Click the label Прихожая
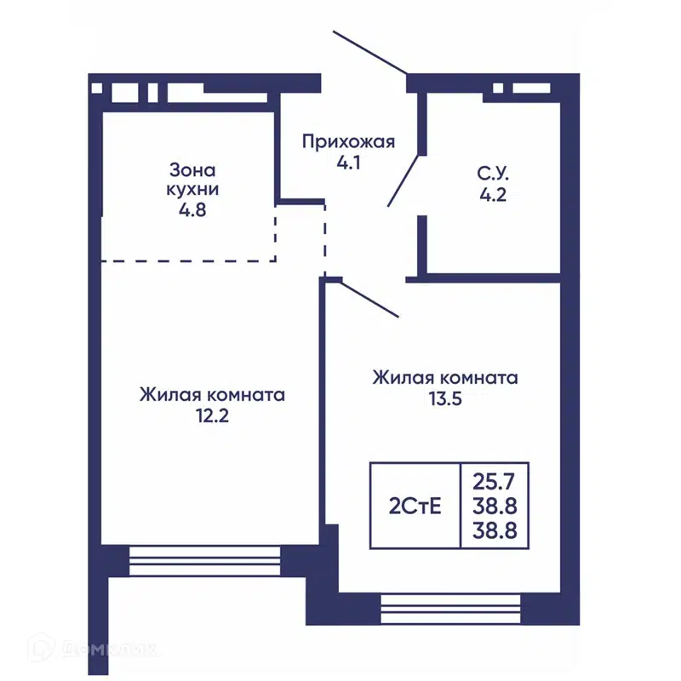pos(348,141)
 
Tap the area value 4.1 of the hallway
pos(348,162)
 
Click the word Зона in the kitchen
pos(187,169)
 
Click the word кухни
pos(187,188)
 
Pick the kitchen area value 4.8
pos(187,209)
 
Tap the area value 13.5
pos(444,398)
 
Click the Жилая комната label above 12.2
pos(212,396)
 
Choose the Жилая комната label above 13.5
pos(444,377)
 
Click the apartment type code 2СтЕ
pos(415,507)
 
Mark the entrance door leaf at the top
pos(370,52)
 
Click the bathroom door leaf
pos(403,180)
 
